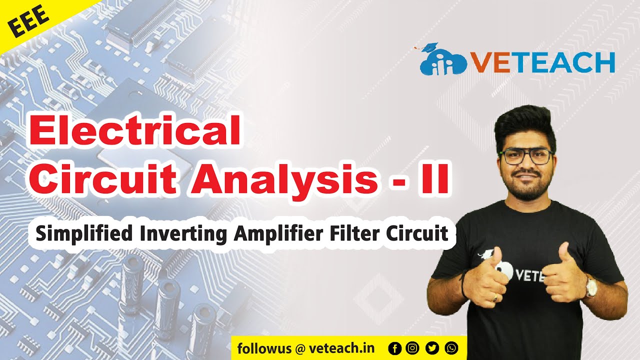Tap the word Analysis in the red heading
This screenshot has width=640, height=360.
(x=281, y=179)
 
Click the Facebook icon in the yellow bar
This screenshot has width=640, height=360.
(x=395, y=348)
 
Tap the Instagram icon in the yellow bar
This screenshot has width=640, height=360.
(x=413, y=348)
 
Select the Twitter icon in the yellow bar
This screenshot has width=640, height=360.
(x=432, y=348)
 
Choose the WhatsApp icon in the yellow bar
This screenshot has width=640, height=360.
(x=451, y=348)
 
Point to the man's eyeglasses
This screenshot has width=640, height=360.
(x=527, y=156)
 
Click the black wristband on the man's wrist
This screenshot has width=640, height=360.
(x=464, y=282)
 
